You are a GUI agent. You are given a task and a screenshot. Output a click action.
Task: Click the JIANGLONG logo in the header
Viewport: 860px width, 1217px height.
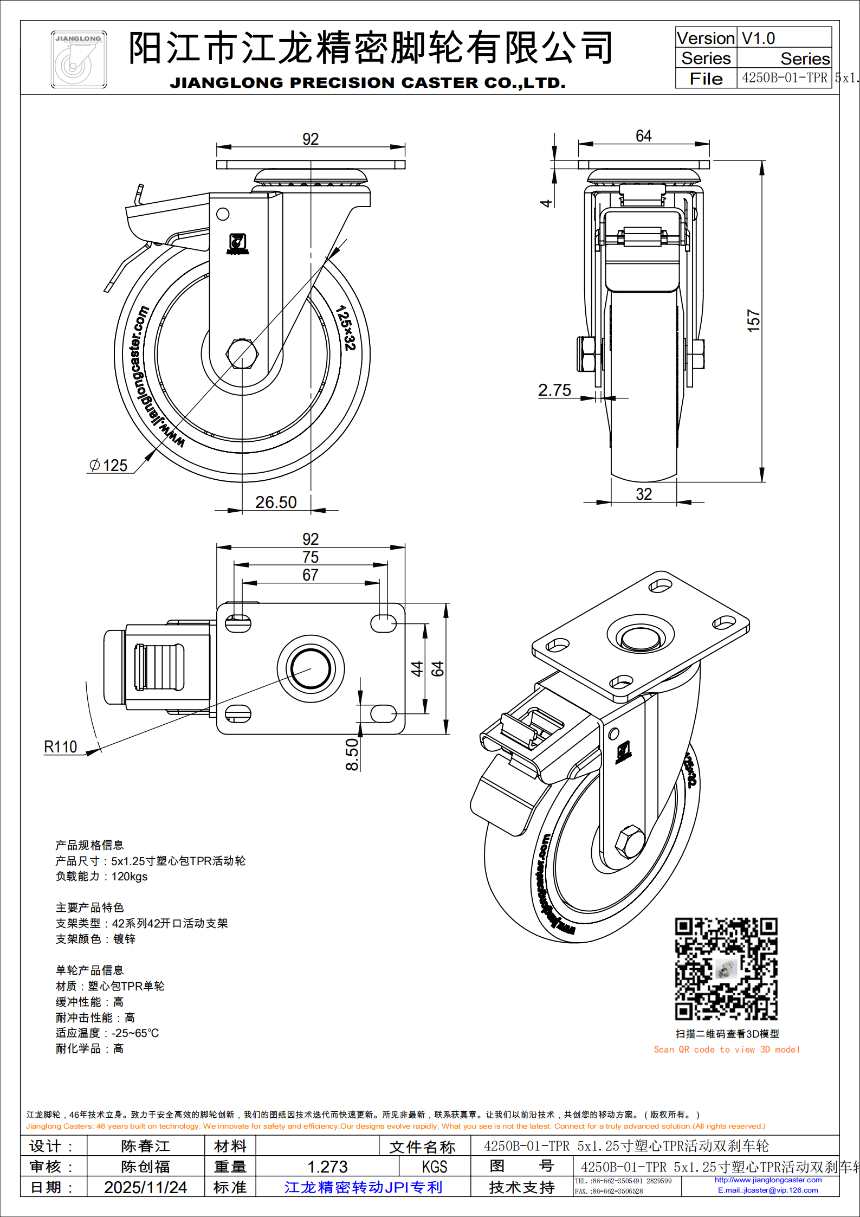[79, 60]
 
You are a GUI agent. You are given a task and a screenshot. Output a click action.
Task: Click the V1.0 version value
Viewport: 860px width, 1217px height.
[758, 38]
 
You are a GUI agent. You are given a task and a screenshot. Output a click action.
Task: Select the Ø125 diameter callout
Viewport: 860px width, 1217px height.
[108, 465]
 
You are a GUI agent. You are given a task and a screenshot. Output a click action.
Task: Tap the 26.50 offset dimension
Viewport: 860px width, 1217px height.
[276, 502]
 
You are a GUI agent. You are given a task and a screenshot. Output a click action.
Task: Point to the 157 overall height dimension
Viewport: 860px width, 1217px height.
[754, 320]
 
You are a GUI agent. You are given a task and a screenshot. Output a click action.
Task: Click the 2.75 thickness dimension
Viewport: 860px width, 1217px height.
[554, 390]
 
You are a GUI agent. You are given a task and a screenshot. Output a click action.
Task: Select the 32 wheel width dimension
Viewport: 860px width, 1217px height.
[644, 494]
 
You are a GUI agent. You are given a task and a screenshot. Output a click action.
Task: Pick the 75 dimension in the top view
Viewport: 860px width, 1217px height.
[311, 557]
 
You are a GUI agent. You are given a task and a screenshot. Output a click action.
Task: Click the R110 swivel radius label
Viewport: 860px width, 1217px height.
[61, 746]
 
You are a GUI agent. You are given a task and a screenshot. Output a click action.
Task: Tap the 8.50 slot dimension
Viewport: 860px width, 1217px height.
[352, 754]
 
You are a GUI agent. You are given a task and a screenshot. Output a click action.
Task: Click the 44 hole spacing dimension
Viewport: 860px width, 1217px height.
[416, 668]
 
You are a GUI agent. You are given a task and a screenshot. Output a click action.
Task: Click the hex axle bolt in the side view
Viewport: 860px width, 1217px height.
[242, 354]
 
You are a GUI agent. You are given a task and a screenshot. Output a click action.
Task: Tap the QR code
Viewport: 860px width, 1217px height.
[726, 969]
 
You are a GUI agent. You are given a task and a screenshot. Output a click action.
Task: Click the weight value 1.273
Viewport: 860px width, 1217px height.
[327, 1166]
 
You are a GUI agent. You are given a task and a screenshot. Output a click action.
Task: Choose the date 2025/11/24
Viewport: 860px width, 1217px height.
[145, 1187]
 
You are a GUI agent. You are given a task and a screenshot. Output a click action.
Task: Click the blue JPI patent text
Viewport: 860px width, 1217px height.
[363, 1187]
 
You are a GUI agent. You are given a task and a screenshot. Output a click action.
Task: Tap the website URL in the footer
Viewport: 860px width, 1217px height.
[768, 1180]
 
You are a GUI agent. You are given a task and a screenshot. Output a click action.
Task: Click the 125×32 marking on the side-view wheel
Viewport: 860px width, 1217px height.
[345, 327]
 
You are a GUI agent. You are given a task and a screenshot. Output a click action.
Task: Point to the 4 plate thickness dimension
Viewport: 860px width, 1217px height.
[546, 203]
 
